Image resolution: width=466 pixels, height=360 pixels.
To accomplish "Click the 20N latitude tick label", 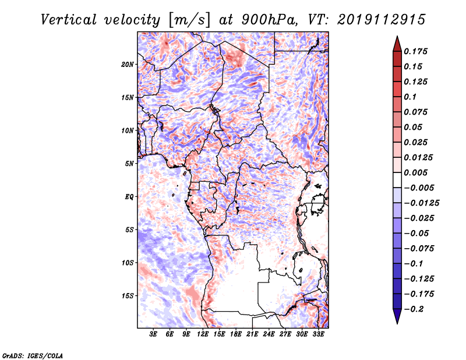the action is click(x=128, y=65).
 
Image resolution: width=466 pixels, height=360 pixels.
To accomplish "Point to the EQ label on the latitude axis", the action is click(x=129, y=197).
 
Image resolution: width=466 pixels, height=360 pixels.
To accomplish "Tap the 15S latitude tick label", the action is click(x=128, y=296).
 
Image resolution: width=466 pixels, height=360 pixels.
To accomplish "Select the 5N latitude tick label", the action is click(x=129, y=164).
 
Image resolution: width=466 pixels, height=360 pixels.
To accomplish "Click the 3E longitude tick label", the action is click(x=153, y=334).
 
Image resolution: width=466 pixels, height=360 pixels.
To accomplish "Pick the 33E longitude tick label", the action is click(x=318, y=334).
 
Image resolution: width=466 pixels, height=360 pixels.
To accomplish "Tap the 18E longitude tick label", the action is click(x=236, y=334).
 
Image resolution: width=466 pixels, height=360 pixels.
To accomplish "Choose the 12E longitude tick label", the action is click(x=202, y=334).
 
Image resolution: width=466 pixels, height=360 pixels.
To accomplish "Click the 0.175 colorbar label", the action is click(x=415, y=51).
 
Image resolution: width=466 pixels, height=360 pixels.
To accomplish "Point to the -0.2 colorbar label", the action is click(x=414, y=309).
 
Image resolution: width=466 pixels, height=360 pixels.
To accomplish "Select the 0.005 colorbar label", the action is click(x=415, y=172).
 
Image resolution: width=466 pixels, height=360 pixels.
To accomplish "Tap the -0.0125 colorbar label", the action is click(x=421, y=203).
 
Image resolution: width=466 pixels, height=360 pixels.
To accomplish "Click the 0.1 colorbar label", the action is click(x=410, y=97).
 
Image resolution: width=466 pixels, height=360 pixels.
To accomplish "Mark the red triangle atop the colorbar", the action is click(x=397, y=44).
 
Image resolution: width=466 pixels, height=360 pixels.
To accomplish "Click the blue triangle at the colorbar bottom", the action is click(x=397, y=316).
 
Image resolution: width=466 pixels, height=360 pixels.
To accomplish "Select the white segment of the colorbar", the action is click(x=397, y=180).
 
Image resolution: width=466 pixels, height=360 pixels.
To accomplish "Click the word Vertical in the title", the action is click(x=69, y=20).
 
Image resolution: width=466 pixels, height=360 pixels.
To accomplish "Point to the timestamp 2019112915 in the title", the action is click(x=382, y=20).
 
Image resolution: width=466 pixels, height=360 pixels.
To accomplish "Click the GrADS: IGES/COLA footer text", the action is click(x=33, y=355).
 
